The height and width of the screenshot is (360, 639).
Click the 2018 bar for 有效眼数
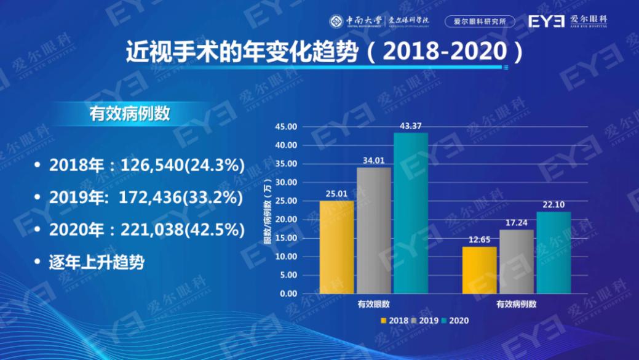pyautogui.click(x=336, y=247)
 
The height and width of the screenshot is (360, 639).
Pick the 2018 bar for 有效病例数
pyautogui.click(x=479, y=270)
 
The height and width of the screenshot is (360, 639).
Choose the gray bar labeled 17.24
pyautogui.click(x=516, y=262)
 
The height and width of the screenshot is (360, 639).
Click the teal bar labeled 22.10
pyautogui.click(x=554, y=253)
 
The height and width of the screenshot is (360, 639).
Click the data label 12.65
pyautogui.click(x=479, y=240)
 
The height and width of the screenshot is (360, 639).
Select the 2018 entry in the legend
pyautogui.click(x=395, y=321)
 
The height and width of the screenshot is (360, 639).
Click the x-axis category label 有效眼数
pyautogui.click(x=373, y=305)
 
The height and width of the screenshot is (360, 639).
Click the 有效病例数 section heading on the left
pyautogui.click(x=130, y=114)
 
